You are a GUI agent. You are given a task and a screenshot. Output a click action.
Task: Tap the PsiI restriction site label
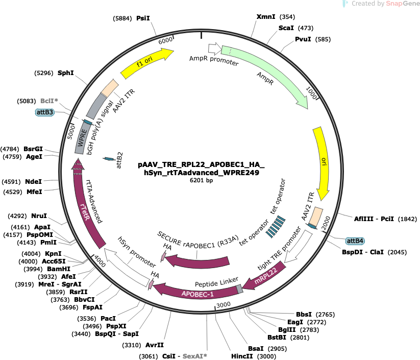143,18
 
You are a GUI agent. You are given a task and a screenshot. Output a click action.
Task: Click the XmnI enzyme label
266,17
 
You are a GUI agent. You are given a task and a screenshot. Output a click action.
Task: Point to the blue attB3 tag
45,112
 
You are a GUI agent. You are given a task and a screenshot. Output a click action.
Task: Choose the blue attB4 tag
355,241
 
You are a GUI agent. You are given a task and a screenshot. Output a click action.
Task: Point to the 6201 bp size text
201,180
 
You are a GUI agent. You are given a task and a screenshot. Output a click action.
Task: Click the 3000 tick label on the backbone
224,305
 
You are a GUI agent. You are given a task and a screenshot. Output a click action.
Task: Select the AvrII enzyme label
154,345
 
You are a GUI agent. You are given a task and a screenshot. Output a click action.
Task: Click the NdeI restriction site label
34,182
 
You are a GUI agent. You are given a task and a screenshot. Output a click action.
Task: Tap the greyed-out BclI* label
50,101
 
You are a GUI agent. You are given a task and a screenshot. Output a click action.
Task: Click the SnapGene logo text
403,4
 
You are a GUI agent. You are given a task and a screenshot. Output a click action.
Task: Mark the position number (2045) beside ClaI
397,252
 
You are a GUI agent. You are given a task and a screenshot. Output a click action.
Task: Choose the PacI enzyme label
108,319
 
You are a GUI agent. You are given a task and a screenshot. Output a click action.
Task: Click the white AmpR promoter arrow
214,48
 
